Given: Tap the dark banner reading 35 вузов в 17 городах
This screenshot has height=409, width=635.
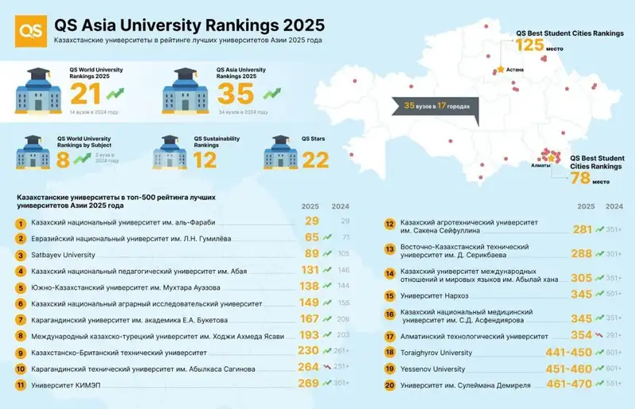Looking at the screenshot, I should coord(436,106).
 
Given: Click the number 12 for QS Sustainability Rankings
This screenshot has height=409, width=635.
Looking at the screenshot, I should coord(205,159).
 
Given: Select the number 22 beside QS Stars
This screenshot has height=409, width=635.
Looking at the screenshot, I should coord(316,159).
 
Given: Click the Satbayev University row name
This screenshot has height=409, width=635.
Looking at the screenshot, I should coord(63,255).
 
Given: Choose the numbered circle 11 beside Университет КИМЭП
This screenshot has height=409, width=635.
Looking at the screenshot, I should coord(21,384).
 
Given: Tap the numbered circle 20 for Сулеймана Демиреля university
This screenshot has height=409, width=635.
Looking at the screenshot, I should coord(390,386).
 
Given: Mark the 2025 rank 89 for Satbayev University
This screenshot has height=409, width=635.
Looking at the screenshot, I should coord(310,254).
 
